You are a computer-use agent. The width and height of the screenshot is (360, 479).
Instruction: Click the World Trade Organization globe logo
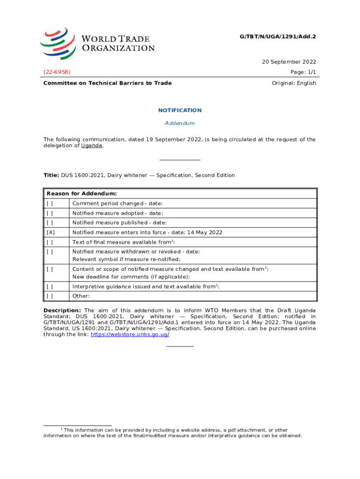[58, 43]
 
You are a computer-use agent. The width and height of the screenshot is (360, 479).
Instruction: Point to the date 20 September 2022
[289, 62]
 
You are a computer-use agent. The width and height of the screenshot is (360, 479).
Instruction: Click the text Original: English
[294, 83]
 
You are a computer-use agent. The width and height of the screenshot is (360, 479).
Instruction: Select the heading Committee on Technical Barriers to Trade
[108, 83]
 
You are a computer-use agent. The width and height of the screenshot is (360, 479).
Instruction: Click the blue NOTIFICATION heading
[180, 110]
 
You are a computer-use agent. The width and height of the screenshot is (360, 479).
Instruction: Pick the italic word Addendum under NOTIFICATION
[180, 123]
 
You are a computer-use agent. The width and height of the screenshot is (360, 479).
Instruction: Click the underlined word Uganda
[92, 145]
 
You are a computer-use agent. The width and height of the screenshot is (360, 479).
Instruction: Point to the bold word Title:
[51, 175]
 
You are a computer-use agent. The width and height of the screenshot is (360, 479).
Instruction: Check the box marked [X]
[50, 232]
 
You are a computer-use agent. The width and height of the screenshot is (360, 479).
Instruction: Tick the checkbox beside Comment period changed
[50, 203]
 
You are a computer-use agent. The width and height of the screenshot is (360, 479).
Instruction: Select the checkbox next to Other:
[50, 296]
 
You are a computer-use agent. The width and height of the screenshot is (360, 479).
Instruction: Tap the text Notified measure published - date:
[119, 223]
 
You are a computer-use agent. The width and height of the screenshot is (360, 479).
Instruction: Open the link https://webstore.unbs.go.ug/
[130, 335]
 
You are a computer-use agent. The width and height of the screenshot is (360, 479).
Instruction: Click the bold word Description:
[62, 311]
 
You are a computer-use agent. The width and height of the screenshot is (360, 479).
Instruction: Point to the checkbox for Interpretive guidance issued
[50, 286]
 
